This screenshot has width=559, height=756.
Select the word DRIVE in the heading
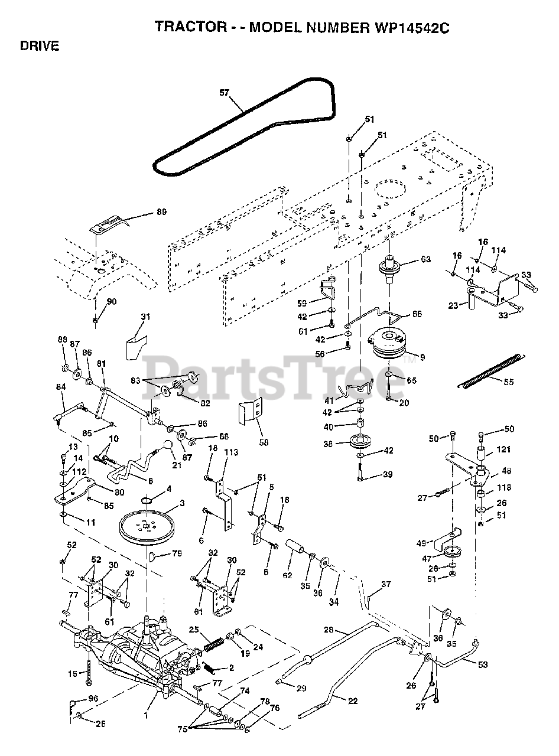click(39, 46)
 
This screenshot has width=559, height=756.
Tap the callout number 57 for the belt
click(224, 93)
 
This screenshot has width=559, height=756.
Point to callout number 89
click(161, 212)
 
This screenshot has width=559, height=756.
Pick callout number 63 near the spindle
click(425, 259)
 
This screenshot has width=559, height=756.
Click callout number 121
click(503, 449)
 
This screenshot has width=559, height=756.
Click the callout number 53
click(483, 664)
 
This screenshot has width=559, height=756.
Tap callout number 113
click(230, 452)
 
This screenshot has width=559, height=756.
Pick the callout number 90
click(112, 302)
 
